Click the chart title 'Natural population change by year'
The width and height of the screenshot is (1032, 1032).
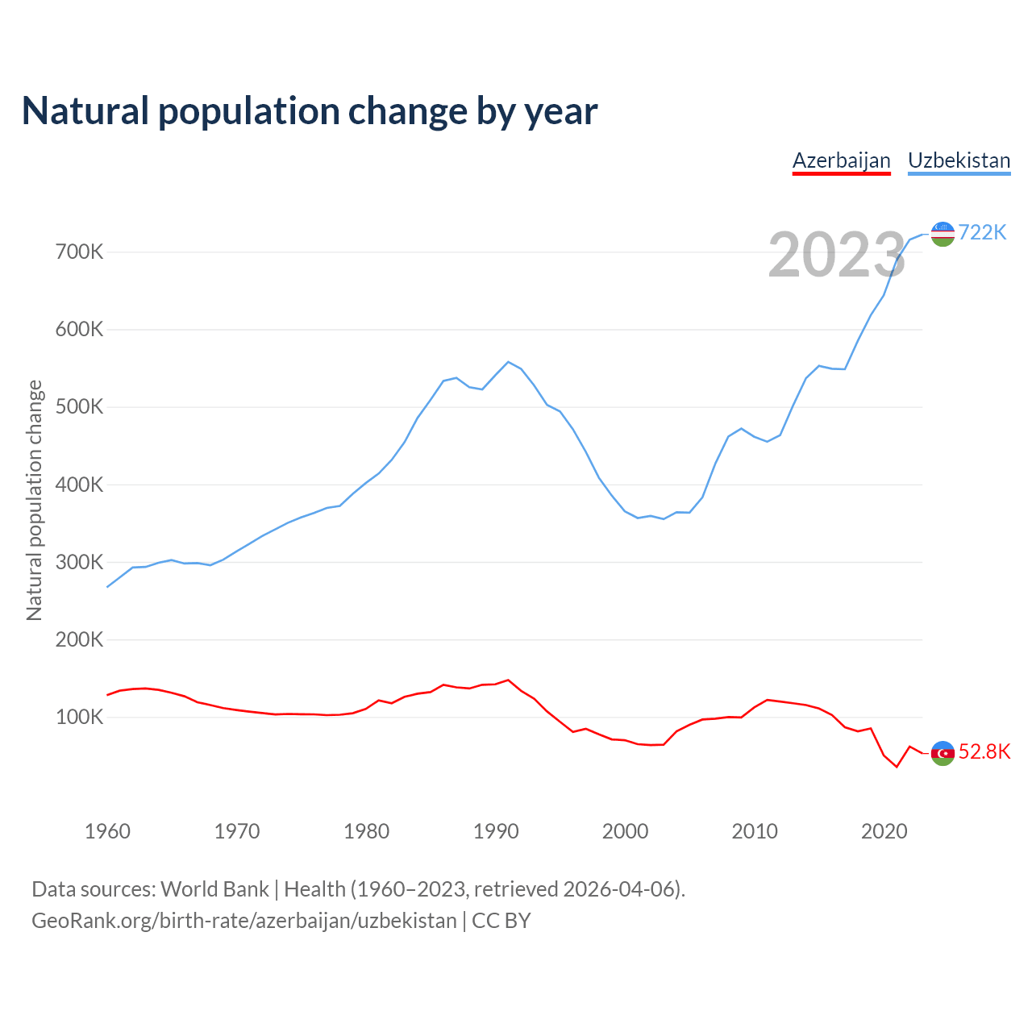point(309,111)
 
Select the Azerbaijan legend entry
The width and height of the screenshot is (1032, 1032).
point(841,160)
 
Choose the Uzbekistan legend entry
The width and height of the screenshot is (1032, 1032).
point(959,160)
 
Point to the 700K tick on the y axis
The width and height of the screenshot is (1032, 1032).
point(80,252)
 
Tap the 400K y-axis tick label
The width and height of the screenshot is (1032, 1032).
point(80,485)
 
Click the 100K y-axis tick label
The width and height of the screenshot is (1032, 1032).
point(80,718)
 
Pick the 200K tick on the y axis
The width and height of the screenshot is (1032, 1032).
point(80,640)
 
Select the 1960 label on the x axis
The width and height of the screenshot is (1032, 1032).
point(107,831)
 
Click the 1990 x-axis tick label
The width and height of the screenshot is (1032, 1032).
point(496,831)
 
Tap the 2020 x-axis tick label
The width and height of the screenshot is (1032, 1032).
point(884,831)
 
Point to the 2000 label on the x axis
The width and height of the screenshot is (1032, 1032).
point(626,831)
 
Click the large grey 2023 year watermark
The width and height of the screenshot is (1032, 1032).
point(837,256)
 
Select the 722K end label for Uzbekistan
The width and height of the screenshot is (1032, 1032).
point(983,233)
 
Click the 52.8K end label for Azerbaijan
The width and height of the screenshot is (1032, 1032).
point(984,752)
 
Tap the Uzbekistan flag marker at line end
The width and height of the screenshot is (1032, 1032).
point(943,234)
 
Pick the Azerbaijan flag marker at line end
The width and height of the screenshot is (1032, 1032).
point(943,753)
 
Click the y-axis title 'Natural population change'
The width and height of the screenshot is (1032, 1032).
point(35,501)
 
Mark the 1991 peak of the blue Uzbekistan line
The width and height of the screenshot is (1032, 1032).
point(508,362)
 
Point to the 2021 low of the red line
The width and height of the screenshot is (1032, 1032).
point(897,767)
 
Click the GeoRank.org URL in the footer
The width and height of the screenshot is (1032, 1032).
point(244,921)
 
